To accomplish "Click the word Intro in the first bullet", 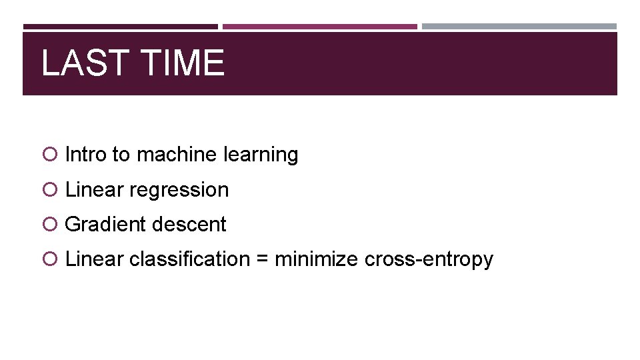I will coord(86,155).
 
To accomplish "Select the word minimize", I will coord(317,259).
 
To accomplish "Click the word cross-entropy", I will coord(429,259).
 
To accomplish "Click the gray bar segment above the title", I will coord(519,27).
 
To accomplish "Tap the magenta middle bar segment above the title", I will coord(320,27).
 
